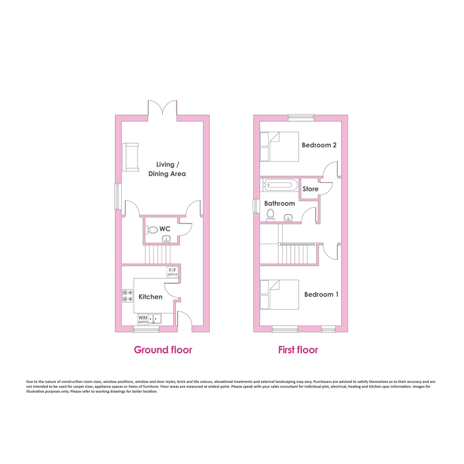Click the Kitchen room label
click(150, 297)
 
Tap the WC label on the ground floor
click(165, 229)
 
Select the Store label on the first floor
click(310, 189)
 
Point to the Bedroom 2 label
click(319, 145)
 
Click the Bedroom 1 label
click(321, 295)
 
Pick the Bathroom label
click(279, 203)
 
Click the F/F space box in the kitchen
click(172, 272)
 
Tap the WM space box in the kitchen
click(143, 319)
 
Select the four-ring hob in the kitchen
click(128, 296)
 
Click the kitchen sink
click(155, 319)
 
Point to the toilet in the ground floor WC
click(152, 230)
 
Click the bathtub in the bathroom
click(279, 185)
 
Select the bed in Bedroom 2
click(279, 147)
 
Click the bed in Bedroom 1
click(279, 295)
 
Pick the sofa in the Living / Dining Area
click(131, 157)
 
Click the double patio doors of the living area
click(163, 109)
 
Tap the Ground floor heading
click(163, 350)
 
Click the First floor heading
click(298, 350)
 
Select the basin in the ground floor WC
click(166, 239)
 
